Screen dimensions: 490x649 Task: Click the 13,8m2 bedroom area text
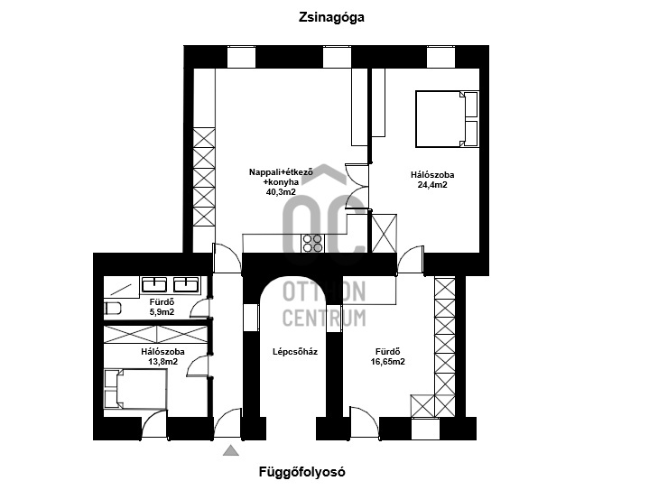pos(162,362)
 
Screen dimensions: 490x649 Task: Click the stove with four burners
pos(313,244)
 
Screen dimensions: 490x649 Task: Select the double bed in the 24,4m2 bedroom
pos(445,118)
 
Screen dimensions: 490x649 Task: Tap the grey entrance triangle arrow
pos(232,449)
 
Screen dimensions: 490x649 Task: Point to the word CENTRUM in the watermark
pos(324,318)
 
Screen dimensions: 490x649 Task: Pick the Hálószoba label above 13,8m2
pos(162,351)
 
